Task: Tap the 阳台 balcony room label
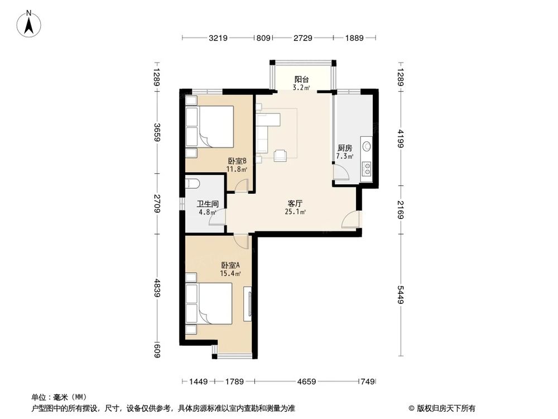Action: pyautogui.click(x=302, y=79)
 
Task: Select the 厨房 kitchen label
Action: pyautogui.click(x=345, y=148)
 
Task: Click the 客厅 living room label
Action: pyautogui.click(x=295, y=203)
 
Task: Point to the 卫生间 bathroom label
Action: pyautogui.click(x=207, y=204)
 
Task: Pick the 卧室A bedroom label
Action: pyautogui.click(x=230, y=265)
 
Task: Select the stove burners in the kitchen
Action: pyautogui.click(x=367, y=168)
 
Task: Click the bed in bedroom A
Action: pyautogui.click(x=210, y=303)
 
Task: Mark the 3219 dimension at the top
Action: pyautogui.click(x=218, y=38)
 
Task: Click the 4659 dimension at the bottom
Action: pyautogui.click(x=306, y=382)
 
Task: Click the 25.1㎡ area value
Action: pyautogui.click(x=295, y=212)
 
